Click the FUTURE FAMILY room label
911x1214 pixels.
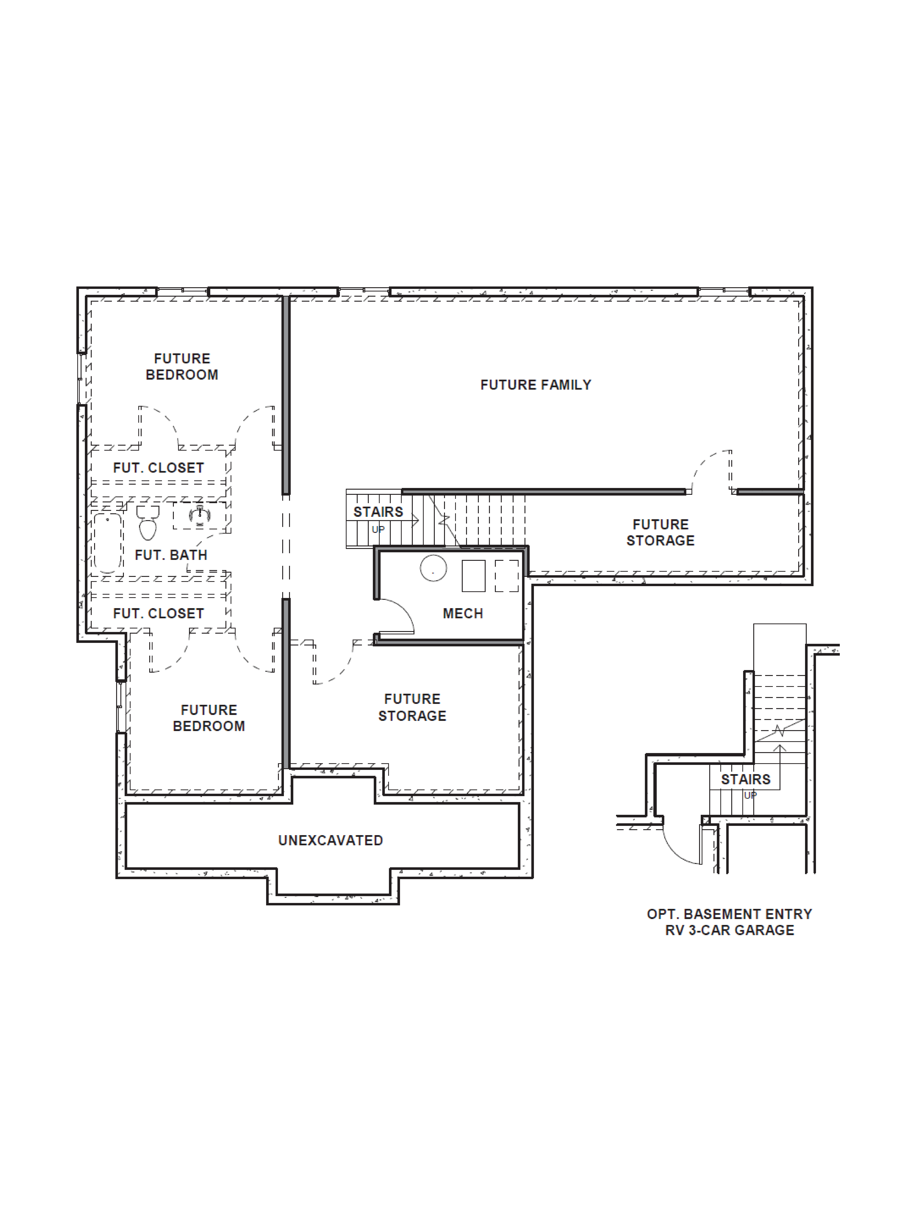click(x=535, y=385)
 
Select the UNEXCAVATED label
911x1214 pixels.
click(x=331, y=840)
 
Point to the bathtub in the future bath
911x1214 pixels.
click(x=108, y=542)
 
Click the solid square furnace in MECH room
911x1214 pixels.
click(x=473, y=576)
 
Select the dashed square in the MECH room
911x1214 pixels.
click(x=506, y=576)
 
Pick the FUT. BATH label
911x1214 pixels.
click(x=171, y=555)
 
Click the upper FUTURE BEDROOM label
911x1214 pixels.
click(x=182, y=367)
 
